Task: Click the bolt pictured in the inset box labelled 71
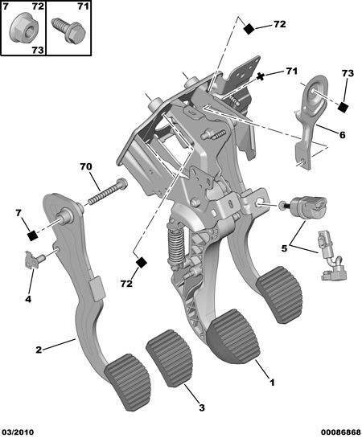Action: [68, 31]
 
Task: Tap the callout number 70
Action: [86, 167]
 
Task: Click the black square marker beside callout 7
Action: [33, 236]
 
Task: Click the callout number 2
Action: [39, 350]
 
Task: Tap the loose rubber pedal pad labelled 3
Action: [170, 358]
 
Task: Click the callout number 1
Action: [272, 383]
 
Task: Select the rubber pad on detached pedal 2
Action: [127, 382]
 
